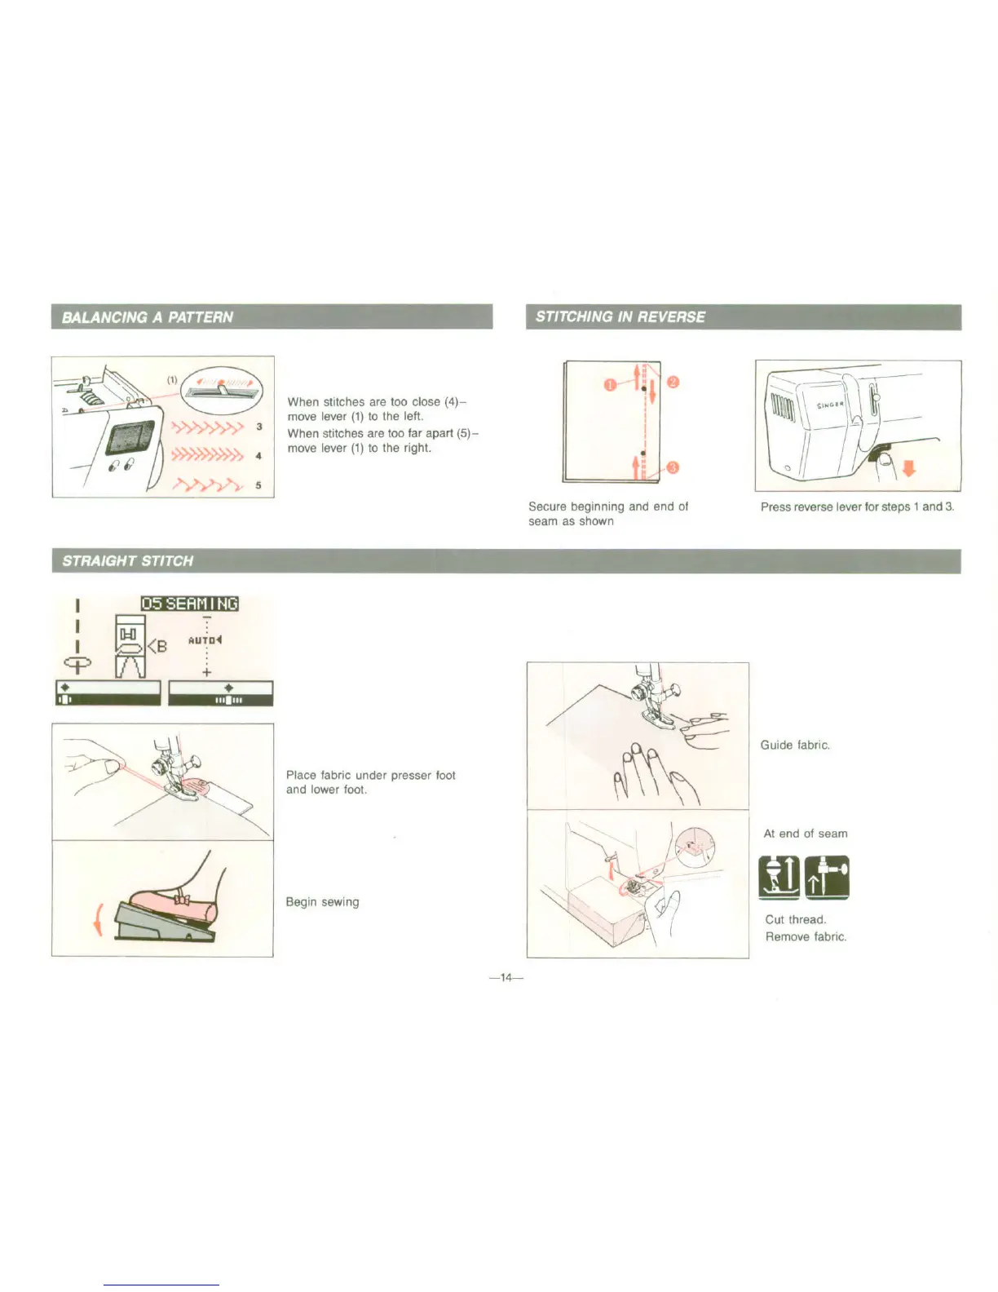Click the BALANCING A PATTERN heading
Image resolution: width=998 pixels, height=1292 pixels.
[148, 317]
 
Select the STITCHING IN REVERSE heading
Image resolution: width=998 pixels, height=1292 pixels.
[620, 316]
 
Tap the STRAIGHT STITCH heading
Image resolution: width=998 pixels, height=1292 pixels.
[128, 560]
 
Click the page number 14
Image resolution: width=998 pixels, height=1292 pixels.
[506, 977]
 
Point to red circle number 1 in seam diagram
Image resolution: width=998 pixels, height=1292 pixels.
[609, 385]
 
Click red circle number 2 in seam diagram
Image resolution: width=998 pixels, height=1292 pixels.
[673, 383]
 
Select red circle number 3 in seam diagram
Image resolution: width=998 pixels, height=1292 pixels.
[673, 467]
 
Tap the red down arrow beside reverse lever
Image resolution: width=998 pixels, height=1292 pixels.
[910, 468]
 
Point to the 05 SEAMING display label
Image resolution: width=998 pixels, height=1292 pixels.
[189, 604]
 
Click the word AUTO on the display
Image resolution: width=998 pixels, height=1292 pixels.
[201, 640]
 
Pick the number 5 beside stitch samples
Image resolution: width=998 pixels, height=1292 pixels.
[258, 485]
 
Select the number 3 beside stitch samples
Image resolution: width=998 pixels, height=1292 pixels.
[258, 427]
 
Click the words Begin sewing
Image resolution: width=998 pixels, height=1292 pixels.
[322, 902]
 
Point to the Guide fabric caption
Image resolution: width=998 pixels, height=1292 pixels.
[795, 745]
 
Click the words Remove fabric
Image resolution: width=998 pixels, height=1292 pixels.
[806, 936]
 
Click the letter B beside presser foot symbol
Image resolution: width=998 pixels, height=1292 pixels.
[161, 646]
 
